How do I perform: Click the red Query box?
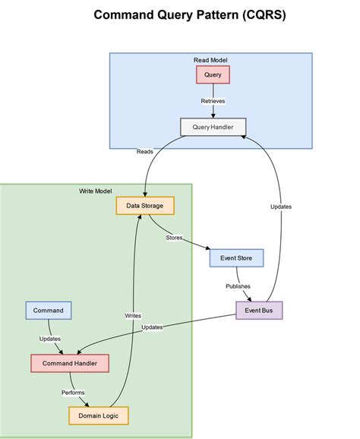(213, 74)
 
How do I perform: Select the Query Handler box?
(213, 127)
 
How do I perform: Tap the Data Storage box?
(145, 205)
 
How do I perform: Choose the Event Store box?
(236, 258)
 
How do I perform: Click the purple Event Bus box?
(258, 310)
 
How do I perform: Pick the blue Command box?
(49, 310)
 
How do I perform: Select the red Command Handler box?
(70, 363)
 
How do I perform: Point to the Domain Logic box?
(99, 415)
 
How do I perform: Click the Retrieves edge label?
(213, 101)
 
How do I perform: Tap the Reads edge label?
(144, 151)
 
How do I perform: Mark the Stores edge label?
(174, 238)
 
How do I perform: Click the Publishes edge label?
(238, 286)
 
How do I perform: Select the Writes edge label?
(133, 315)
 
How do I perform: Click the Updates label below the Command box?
(50, 339)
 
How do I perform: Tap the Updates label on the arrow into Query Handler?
(280, 207)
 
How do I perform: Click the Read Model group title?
(211, 60)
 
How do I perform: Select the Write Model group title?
(96, 191)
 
